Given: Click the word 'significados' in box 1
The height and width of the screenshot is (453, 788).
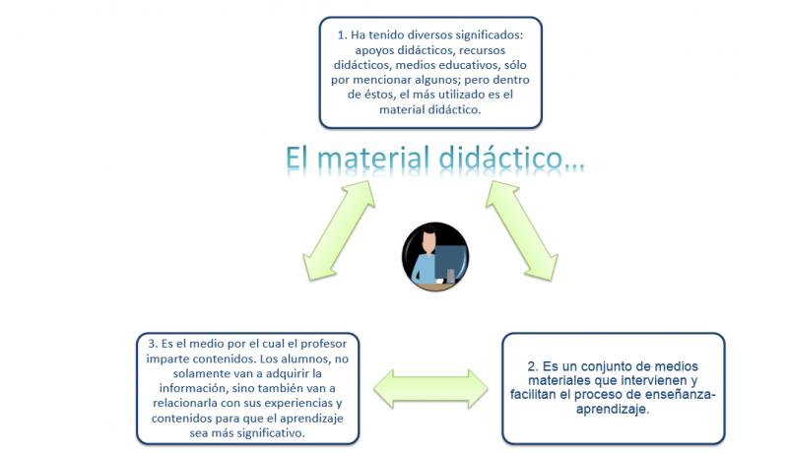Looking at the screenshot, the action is tap(490, 35).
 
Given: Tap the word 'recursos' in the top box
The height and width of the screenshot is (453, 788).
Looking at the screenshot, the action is tap(482, 50).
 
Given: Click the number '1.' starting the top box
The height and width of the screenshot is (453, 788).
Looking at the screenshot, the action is tap(342, 35).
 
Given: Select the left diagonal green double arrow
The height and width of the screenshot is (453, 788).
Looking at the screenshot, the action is tap(339, 230).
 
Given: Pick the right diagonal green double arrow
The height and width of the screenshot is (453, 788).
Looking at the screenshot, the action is tap(522, 230).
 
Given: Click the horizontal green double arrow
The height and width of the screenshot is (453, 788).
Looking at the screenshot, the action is tap(430, 389).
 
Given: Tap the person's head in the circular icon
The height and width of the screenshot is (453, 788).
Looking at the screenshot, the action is tap(428, 241).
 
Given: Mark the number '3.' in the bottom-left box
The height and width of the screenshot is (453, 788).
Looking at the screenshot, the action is tap(154, 344).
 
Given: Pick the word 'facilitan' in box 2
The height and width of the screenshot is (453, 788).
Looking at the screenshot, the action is tap(533, 394).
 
